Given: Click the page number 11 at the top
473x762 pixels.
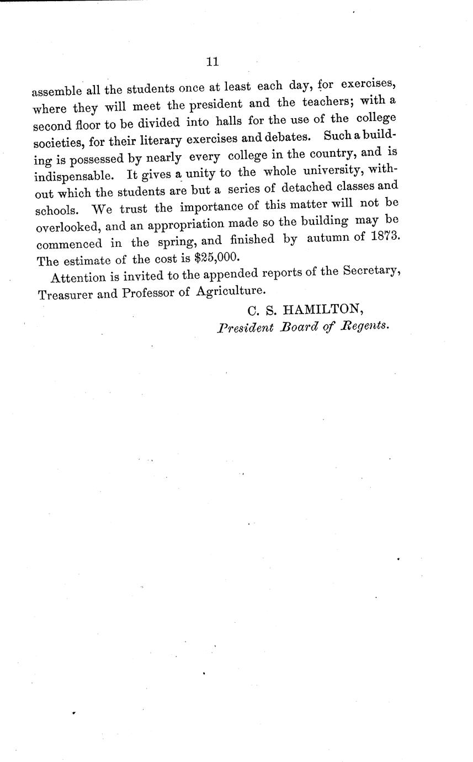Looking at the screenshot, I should click(212, 62).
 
